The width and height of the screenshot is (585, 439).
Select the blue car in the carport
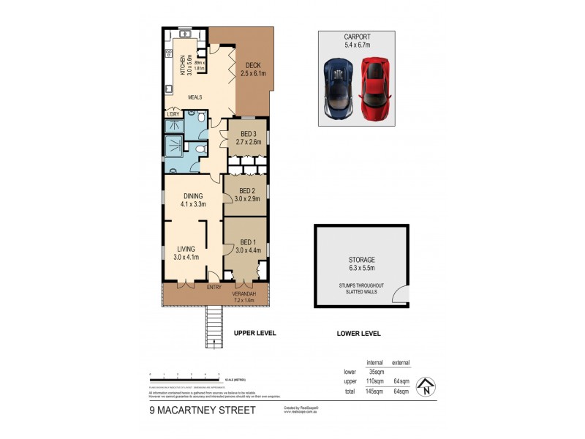[x=340, y=89]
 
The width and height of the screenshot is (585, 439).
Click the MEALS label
[x=195, y=97]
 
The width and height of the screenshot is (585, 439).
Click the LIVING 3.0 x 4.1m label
[x=186, y=253]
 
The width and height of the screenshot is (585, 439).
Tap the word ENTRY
[x=214, y=288]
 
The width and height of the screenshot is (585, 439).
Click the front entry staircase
[x=214, y=328]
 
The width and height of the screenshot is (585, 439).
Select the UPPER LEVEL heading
[x=254, y=333]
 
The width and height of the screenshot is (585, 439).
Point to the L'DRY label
[x=173, y=114]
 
